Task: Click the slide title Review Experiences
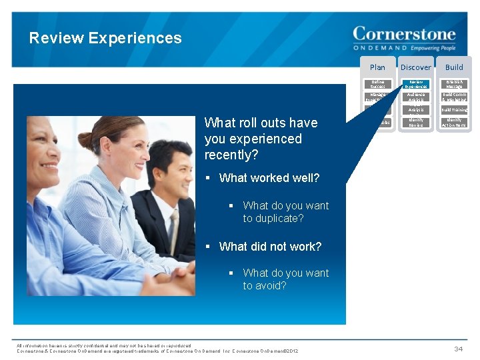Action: (105, 38)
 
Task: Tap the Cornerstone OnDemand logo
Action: (404, 38)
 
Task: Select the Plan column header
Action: (377, 67)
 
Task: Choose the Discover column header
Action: (415, 67)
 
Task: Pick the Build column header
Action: (454, 67)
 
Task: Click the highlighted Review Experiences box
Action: (416, 84)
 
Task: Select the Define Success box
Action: (377, 84)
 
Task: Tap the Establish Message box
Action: (454, 84)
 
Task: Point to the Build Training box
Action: (454, 109)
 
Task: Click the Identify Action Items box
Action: (454, 123)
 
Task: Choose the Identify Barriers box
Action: (416, 123)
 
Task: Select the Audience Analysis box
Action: (416, 97)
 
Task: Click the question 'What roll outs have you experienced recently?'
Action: (261, 139)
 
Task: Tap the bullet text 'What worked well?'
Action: (269, 178)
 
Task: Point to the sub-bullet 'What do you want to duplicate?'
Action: (286, 212)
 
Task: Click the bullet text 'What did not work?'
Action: (270, 247)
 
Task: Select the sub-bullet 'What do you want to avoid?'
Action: (286, 279)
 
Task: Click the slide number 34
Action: (458, 348)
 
